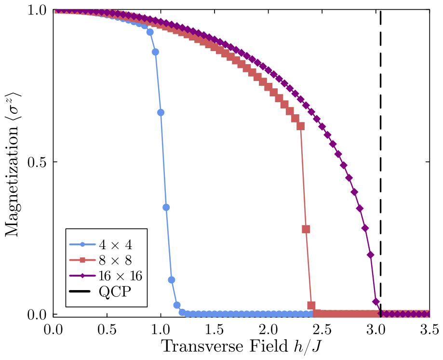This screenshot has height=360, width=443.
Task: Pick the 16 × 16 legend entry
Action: click(106, 276)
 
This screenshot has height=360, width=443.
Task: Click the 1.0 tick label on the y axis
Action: click(37, 11)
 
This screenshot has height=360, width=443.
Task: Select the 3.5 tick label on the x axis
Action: click(430, 330)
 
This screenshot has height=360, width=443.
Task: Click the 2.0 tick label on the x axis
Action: click(268, 330)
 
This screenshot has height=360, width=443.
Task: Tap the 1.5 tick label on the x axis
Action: click(215, 330)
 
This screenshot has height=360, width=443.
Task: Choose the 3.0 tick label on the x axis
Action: click(376, 330)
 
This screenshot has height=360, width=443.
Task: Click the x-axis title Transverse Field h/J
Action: click(242, 346)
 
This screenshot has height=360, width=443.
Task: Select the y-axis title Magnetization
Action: click(12, 165)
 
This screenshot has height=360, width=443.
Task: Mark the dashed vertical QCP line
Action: click(380, 162)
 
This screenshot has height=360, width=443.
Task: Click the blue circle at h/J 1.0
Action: click(161, 113)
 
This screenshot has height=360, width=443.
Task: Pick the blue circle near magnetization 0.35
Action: click(166, 208)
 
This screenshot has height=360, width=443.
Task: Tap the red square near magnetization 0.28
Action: click(306, 229)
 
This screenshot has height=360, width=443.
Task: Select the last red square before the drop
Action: click(301, 126)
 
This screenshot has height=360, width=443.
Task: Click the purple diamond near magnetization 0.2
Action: click(370, 255)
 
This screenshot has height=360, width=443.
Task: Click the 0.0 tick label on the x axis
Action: click(53, 330)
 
